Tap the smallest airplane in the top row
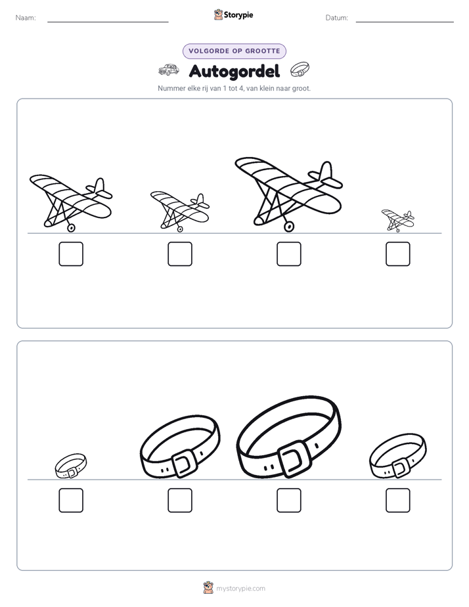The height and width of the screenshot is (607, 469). pyautogui.click(x=398, y=221)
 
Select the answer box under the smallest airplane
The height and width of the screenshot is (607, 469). pyautogui.click(x=398, y=254)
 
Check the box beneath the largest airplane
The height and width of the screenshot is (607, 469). pyautogui.click(x=288, y=254)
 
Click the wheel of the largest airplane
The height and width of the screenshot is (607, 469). pyautogui.click(x=288, y=227)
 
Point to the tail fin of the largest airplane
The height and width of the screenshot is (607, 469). pyautogui.click(x=326, y=171)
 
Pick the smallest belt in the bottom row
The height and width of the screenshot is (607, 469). pyautogui.click(x=71, y=466)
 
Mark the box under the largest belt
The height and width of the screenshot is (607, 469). pyautogui.click(x=288, y=500)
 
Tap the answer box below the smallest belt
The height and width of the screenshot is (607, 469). pyautogui.click(x=71, y=500)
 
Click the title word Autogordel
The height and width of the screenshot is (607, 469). pyautogui.click(x=234, y=71)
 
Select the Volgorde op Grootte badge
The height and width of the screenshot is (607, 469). pyautogui.click(x=234, y=51)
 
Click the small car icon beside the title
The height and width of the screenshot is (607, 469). pyautogui.click(x=169, y=70)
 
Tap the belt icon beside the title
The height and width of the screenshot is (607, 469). pyautogui.click(x=300, y=69)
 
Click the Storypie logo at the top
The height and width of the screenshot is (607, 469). pyautogui.click(x=234, y=14)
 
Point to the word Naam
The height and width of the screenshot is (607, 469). pyautogui.click(x=26, y=18)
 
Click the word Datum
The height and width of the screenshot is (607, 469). pyautogui.click(x=337, y=18)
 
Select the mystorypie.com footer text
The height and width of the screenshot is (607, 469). pyautogui.click(x=240, y=589)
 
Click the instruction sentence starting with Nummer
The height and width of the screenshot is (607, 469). pyautogui.click(x=234, y=88)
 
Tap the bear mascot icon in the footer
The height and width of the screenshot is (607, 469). pyautogui.click(x=208, y=588)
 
